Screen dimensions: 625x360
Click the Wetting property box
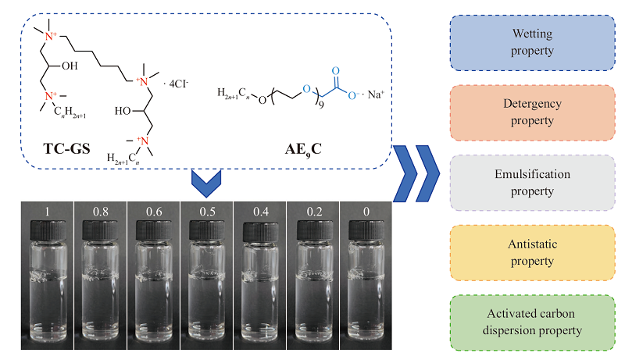(x=533, y=43)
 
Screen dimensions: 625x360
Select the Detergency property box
(x=533, y=112)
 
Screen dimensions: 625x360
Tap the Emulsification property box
(x=533, y=183)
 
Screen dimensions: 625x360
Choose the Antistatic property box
(x=533, y=253)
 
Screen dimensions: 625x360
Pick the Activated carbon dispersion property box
(x=533, y=323)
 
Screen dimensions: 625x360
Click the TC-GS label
(x=66, y=148)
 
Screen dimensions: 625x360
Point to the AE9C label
(x=303, y=150)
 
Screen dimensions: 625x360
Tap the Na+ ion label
(x=376, y=94)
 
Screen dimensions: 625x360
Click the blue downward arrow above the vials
(x=206, y=184)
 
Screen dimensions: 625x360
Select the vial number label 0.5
(x=207, y=212)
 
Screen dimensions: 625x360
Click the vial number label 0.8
(x=101, y=212)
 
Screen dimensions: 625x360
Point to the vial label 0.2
(x=314, y=212)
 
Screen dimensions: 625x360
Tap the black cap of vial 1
(x=48, y=231)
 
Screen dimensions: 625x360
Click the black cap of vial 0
(x=366, y=230)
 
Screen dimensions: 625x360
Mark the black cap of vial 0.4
(x=260, y=231)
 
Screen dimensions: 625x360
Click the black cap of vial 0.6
(x=154, y=230)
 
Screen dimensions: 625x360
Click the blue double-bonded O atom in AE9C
(x=336, y=71)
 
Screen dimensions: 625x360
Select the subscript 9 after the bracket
(x=321, y=105)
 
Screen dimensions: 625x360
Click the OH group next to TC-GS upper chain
(x=70, y=66)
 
